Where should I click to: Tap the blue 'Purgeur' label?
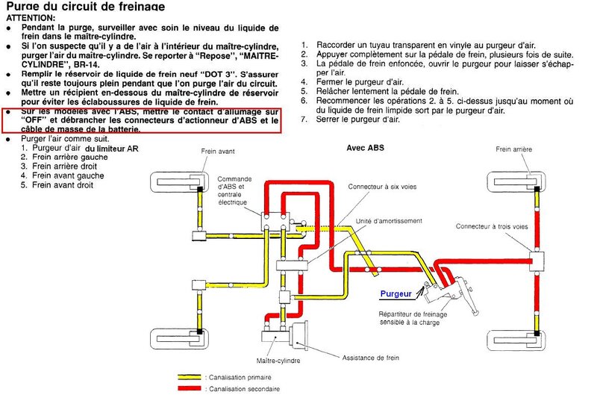(396, 295)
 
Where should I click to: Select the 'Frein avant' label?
(218, 152)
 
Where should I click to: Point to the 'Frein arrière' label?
(514, 149)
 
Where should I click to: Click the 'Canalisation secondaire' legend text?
(243, 389)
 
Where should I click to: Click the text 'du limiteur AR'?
(112, 149)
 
